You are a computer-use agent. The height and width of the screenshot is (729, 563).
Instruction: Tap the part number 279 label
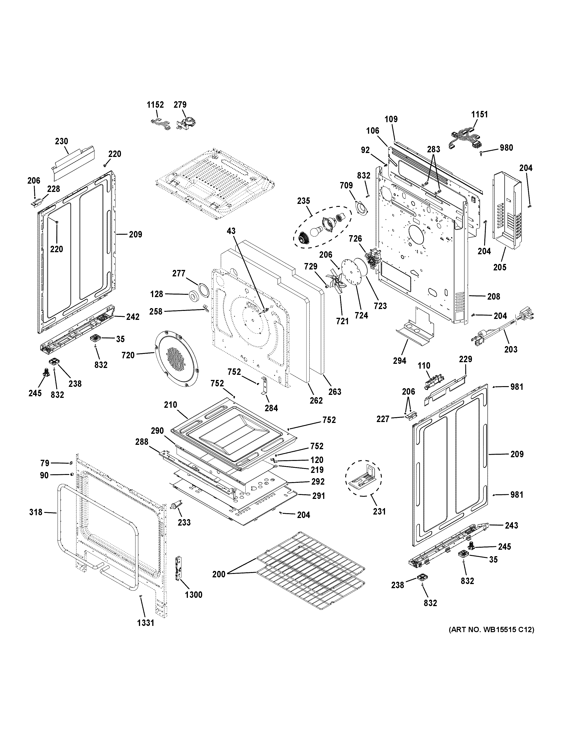(x=180, y=105)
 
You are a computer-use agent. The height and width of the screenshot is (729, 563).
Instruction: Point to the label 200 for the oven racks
(x=219, y=574)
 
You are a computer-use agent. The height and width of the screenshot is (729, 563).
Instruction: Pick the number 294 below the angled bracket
(x=399, y=361)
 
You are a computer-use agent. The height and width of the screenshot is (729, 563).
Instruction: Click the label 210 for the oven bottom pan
(x=170, y=405)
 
